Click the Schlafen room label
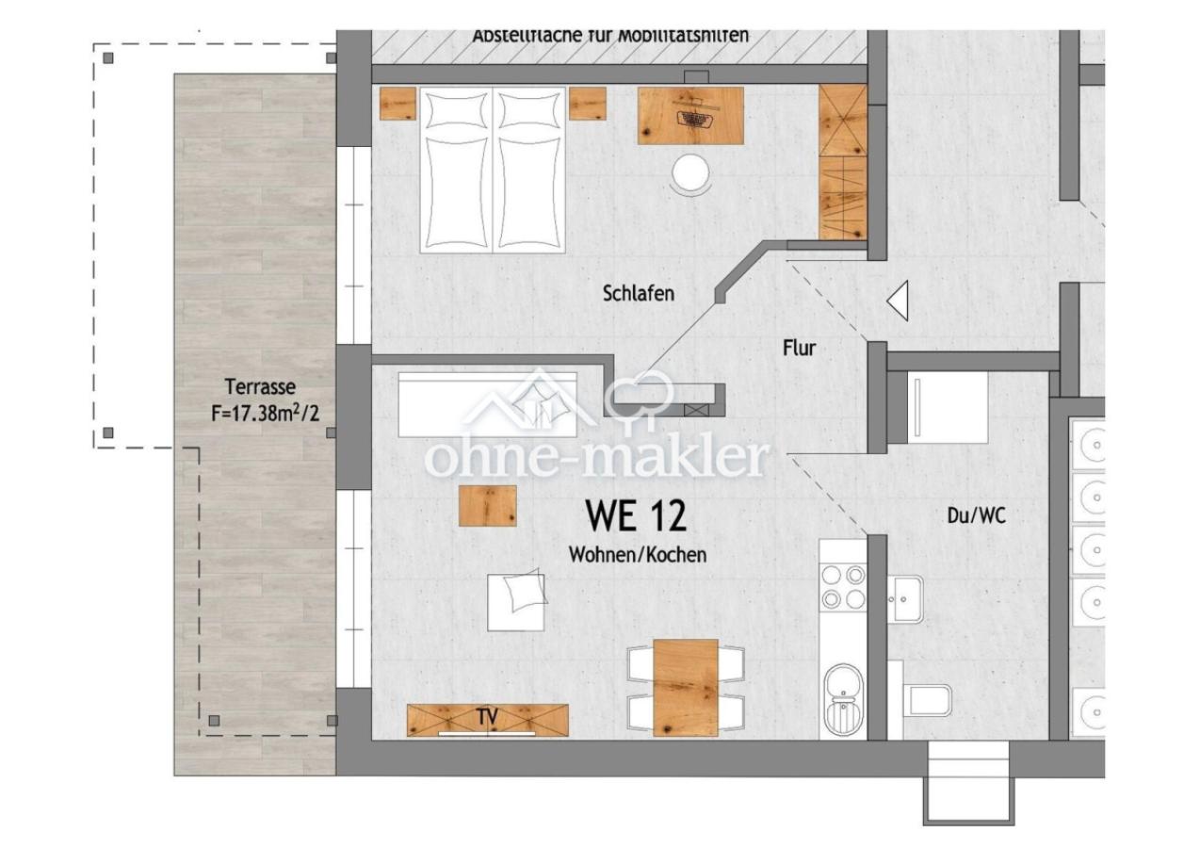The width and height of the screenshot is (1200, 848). pos(638,294)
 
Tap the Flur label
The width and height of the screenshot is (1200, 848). pos(799,348)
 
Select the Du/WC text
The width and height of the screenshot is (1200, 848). pos(976,515)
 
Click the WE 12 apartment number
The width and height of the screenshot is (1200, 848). pos(636,515)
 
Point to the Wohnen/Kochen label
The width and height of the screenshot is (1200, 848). pos(637,555)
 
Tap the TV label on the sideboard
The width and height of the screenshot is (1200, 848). pos(487,717)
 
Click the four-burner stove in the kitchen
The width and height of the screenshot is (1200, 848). pos(842,586)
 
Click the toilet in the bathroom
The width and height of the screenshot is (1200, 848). pos(925,700)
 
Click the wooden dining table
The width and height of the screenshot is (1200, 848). pos(685,687)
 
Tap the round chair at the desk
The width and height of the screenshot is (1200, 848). pos(691,174)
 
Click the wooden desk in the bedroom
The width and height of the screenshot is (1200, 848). pos(690,116)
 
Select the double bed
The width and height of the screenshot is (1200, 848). pos(493,170)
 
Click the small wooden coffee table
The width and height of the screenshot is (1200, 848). pos(487,505)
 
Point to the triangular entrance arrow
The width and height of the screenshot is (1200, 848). pos(899,302)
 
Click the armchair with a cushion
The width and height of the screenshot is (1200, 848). pos(516,600)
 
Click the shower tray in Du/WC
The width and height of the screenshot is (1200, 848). pos(947,407)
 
